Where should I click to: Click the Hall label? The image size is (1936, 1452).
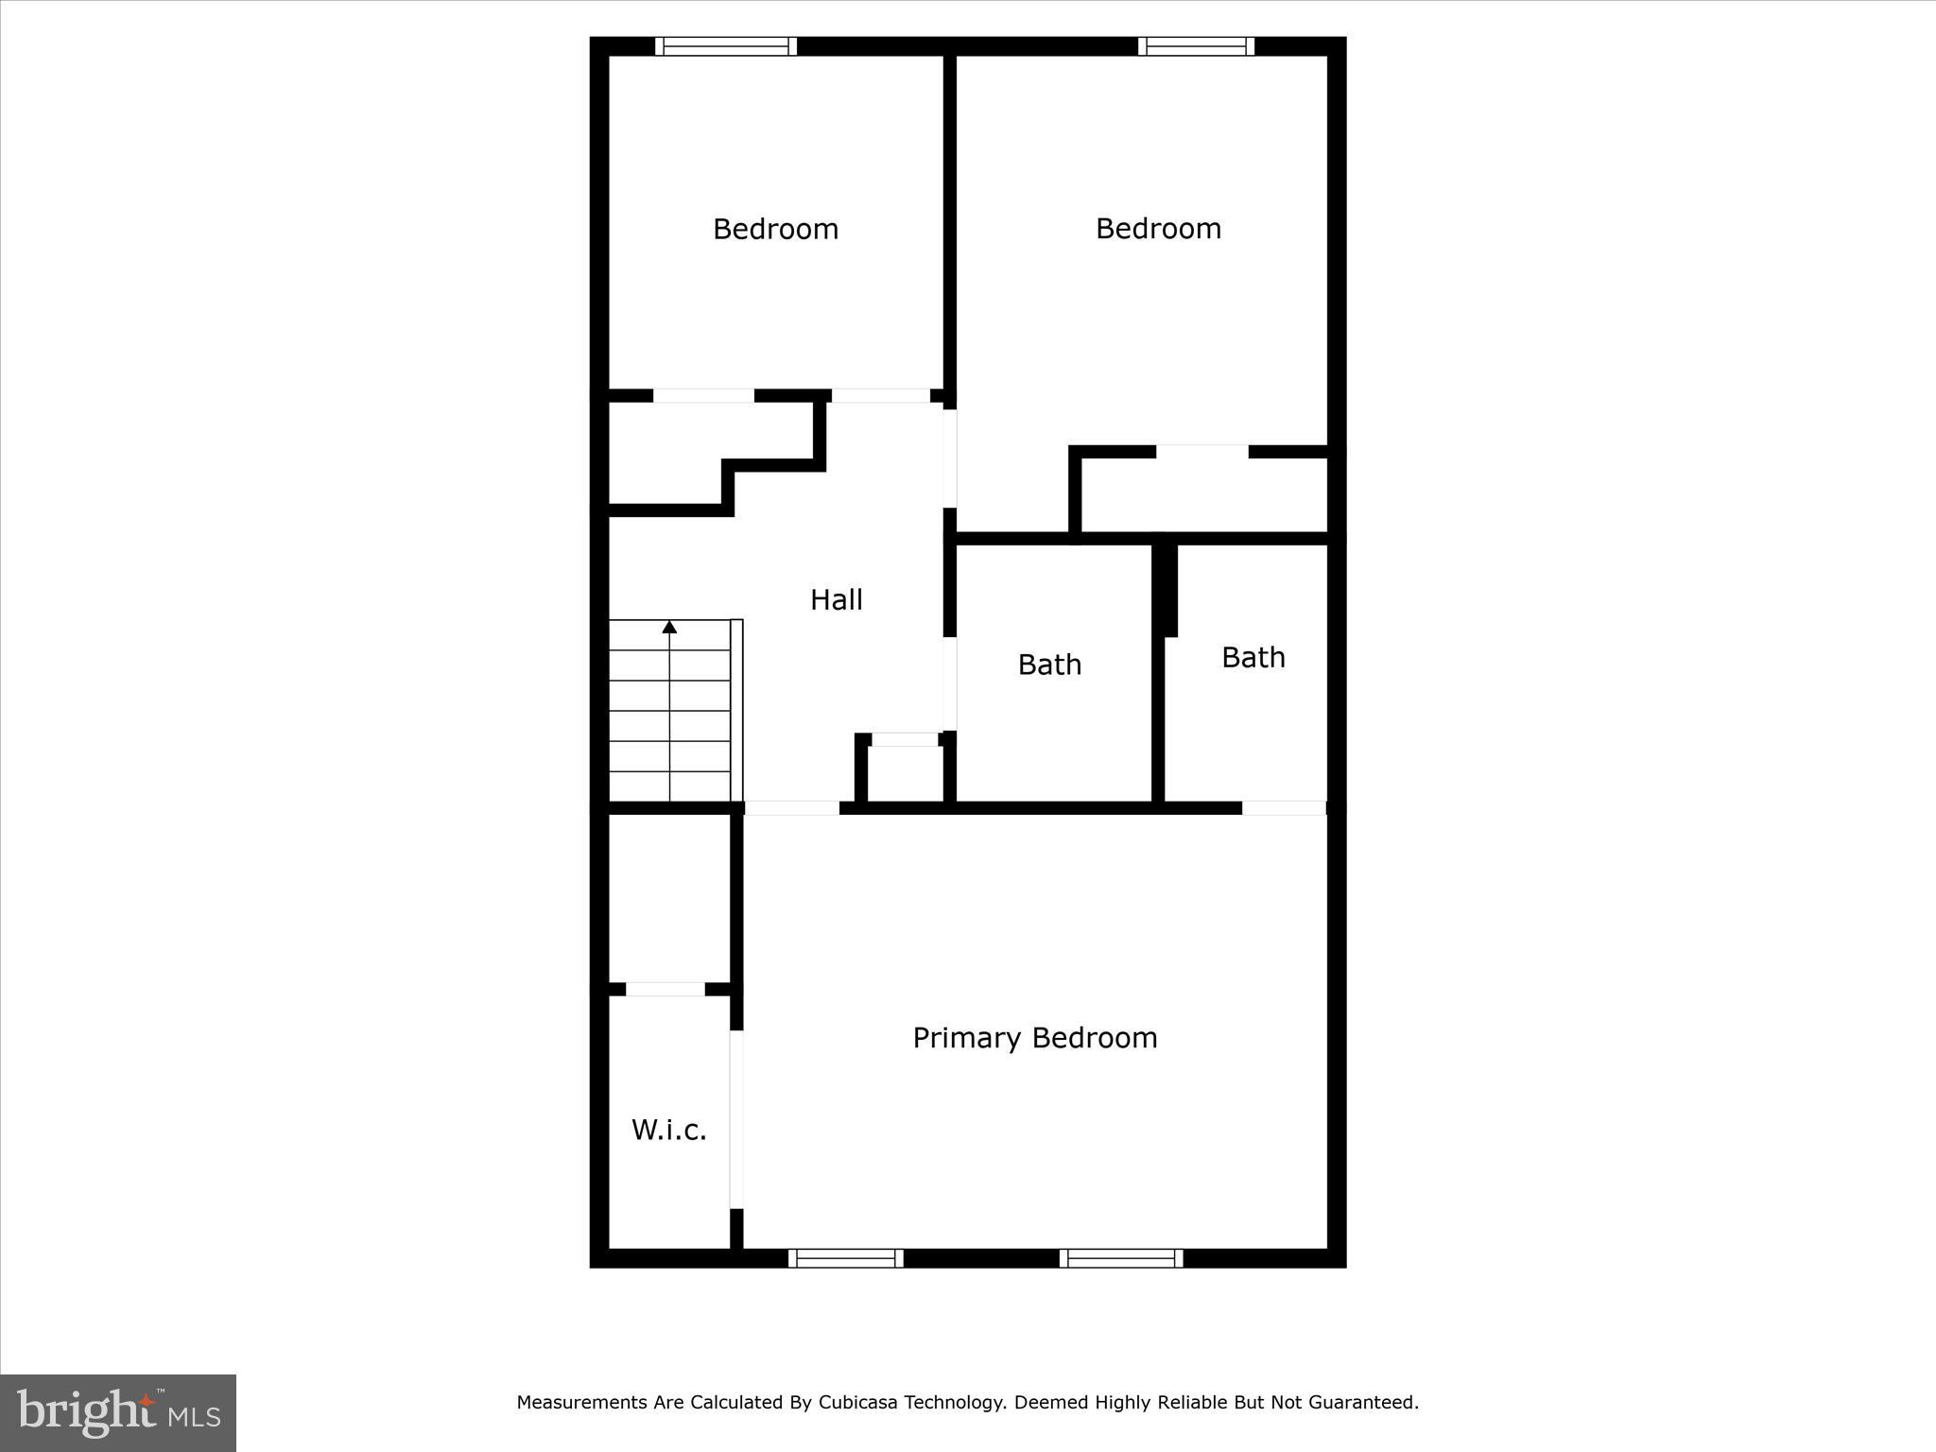tap(837, 599)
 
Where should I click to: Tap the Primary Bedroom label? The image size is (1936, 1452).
tap(1034, 1038)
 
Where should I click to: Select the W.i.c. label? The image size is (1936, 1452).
tap(668, 1130)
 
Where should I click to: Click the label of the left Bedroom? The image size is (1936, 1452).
tap(775, 229)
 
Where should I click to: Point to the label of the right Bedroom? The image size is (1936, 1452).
tap(1158, 228)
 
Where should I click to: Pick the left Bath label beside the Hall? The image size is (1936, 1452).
tap(1049, 665)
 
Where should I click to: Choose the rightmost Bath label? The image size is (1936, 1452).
tap(1253, 657)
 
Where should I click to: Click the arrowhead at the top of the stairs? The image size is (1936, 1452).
tap(669, 627)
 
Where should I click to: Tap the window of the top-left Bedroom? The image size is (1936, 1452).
tap(726, 46)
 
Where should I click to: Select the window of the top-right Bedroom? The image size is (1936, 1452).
tap(1196, 46)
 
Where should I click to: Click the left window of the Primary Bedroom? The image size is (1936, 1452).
tap(845, 1257)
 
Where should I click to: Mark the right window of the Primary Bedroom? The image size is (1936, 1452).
tap(1120, 1257)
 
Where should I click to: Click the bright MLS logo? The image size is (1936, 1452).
tap(118, 1413)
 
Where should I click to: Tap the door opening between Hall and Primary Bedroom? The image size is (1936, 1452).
tap(792, 808)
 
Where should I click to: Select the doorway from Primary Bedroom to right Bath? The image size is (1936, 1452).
tap(1284, 808)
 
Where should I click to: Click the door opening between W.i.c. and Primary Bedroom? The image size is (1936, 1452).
tap(736, 1119)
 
